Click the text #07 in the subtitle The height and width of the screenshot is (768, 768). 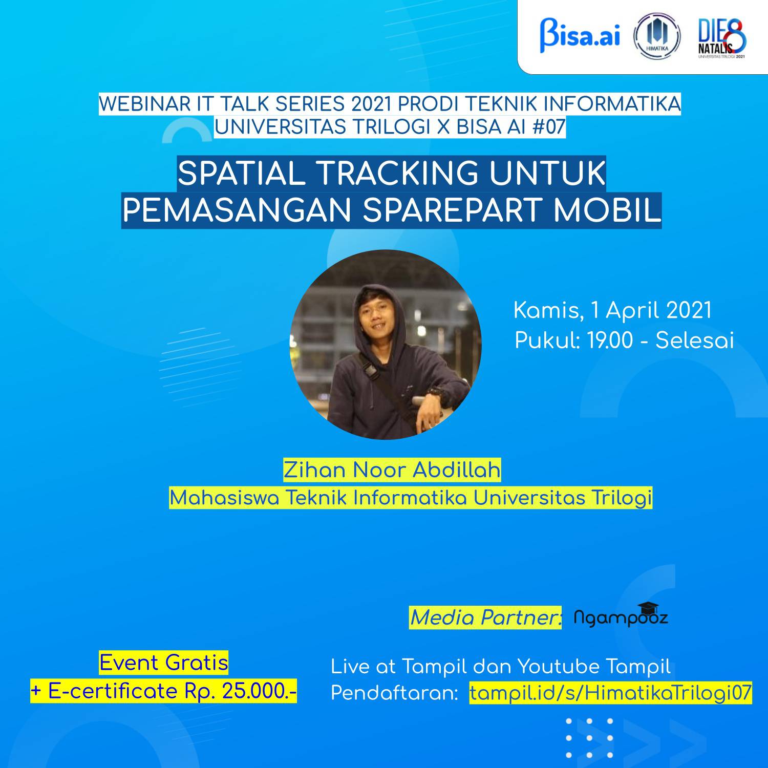click(548, 127)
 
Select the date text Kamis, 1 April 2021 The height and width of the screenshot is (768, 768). click(612, 311)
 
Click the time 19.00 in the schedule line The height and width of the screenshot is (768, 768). click(610, 340)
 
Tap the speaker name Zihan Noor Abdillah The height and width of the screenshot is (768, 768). click(392, 470)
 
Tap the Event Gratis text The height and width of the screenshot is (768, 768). click(164, 663)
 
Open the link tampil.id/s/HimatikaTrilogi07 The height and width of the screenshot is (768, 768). click(610, 693)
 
